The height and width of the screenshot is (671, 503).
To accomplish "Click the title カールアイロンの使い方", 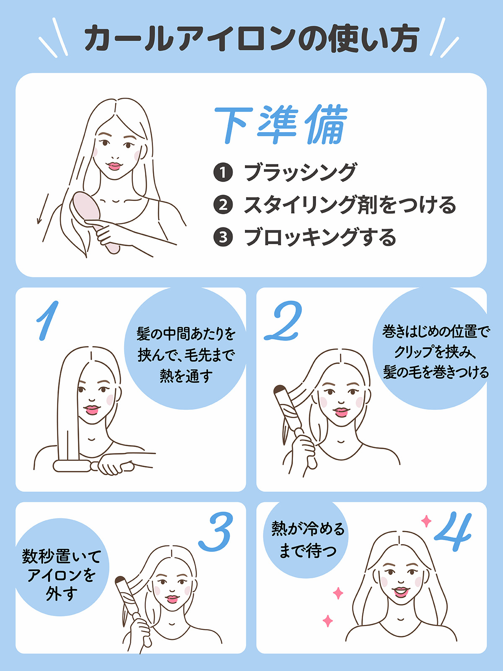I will (x=251, y=39).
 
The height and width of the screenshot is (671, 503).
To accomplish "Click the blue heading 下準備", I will (x=281, y=125).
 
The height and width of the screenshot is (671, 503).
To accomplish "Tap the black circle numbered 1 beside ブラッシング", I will (x=223, y=172).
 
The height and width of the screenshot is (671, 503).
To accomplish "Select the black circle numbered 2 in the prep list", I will (x=223, y=205).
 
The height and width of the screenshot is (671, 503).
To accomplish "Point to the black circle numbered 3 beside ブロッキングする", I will (x=223, y=237).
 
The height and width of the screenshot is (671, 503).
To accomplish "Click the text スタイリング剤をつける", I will (x=350, y=205).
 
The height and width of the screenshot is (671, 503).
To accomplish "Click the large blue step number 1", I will (x=47, y=321).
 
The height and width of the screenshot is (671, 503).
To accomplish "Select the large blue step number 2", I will (x=283, y=321).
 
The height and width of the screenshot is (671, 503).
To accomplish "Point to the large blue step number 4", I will (x=454, y=532).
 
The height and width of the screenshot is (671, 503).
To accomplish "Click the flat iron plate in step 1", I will (x=72, y=466).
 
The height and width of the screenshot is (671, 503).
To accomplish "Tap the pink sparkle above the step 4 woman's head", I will (x=426, y=521).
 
